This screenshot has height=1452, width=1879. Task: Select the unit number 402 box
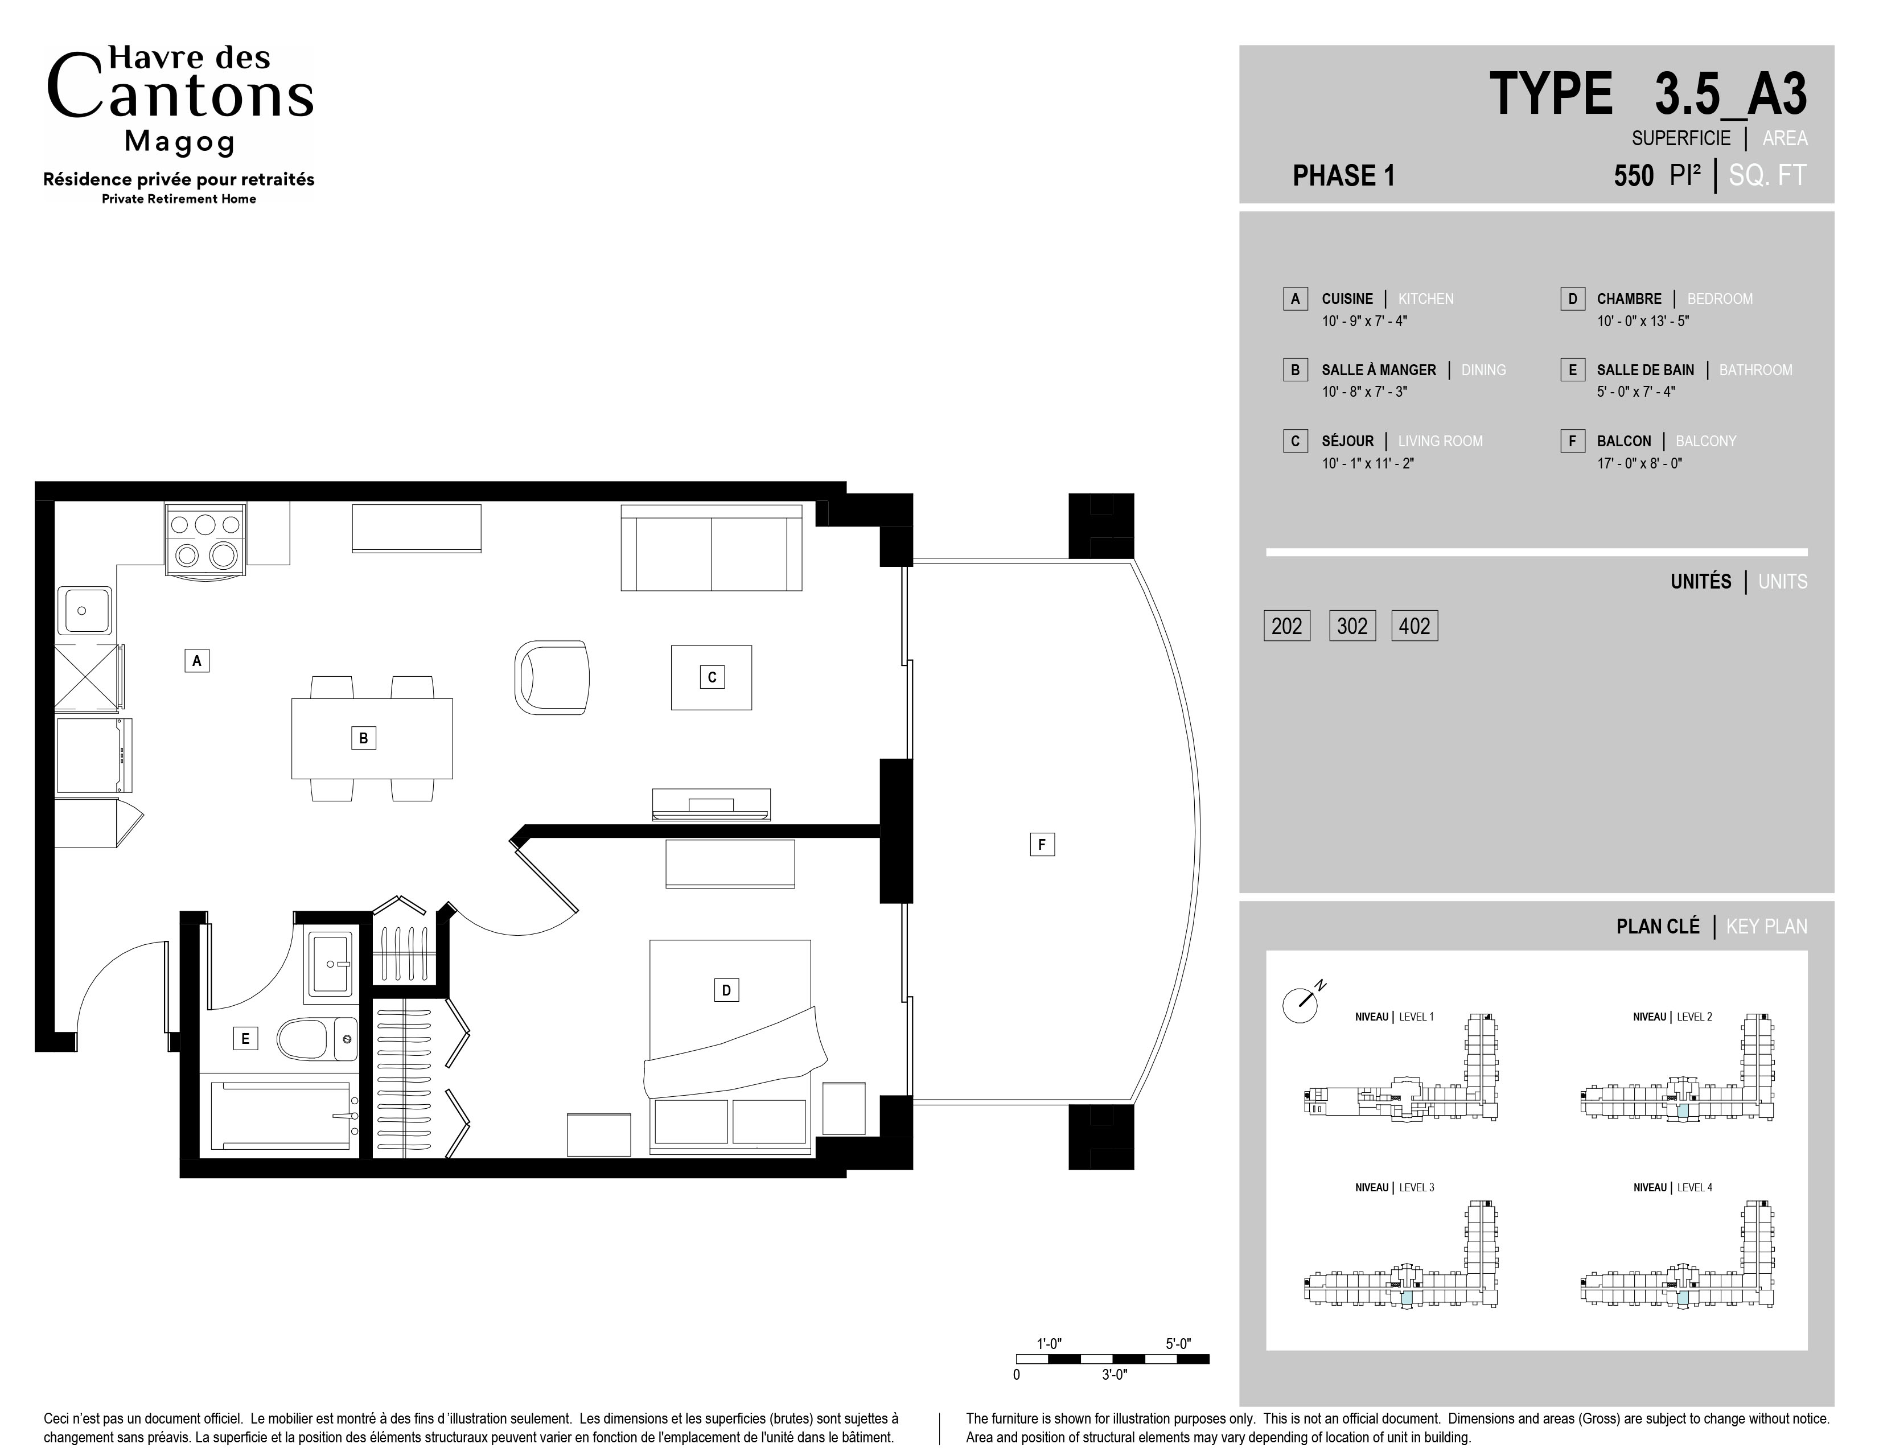pos(1415,626)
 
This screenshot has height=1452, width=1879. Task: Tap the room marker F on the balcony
pos(1042,844)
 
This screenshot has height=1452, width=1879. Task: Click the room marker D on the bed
pos(726,990)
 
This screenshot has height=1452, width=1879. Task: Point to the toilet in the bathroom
pos(316,1039)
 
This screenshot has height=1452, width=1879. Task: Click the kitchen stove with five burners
pos(205,538)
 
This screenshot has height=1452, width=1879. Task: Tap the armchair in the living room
pos(552,677)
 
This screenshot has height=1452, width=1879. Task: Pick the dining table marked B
pos(372,738)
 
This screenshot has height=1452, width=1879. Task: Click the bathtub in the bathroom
pos(279,1115)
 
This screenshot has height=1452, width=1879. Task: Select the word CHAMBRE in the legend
pos(1629,298)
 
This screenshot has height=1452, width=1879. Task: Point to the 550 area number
pos(1633,175)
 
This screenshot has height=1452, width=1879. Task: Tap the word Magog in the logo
pos(180,141)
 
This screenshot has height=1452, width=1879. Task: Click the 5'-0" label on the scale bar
pos(1178,1344)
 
